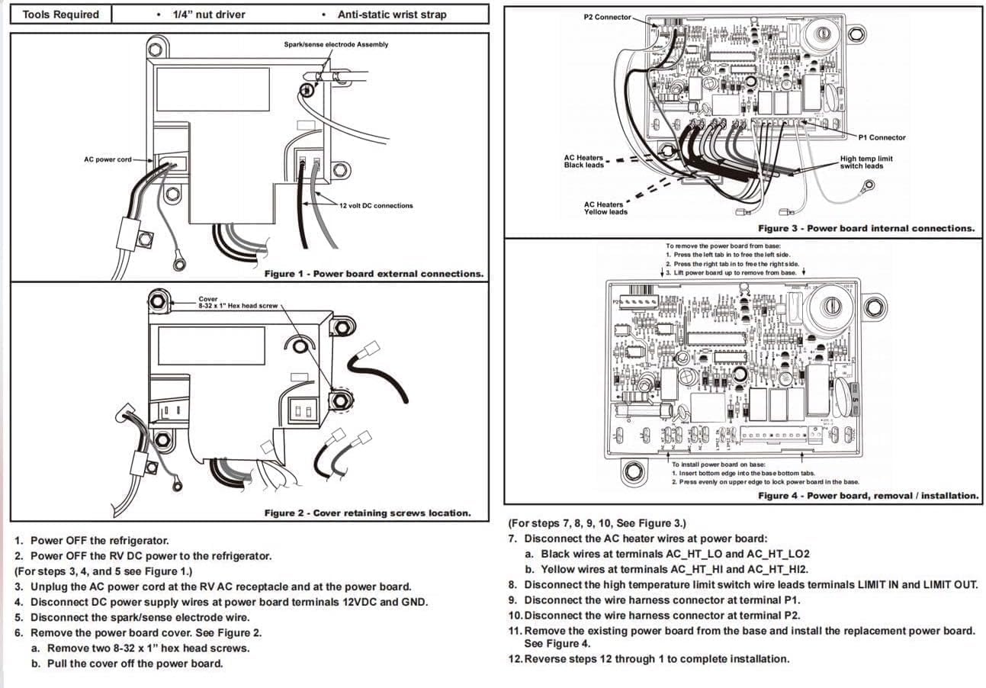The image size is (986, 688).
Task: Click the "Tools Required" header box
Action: click(61, 14)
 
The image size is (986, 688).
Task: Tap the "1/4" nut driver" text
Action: click(208, 14)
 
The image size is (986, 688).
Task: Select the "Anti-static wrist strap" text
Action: click(392, 14)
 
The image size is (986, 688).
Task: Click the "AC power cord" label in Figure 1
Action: click(108, 159)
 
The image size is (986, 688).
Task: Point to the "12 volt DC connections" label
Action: click(376, 205)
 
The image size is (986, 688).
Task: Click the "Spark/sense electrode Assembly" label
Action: click(336, 44)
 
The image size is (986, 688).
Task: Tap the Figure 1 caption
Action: click(373, 273)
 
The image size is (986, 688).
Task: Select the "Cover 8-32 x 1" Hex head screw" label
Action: click(237, 302)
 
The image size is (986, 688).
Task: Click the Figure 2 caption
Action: click(367, 513)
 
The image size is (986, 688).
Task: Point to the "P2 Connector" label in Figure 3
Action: click(607, 17)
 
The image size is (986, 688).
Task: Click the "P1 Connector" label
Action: click(882, 137)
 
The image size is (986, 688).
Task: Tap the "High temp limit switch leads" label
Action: click(866, 162)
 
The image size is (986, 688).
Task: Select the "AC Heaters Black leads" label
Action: click(583, 161)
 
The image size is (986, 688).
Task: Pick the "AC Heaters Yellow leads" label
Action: click(605, 208)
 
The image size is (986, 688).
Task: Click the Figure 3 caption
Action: click(866, 228)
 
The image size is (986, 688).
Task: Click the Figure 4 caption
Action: click(868, 495)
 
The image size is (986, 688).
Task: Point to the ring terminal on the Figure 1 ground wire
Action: click(180, 265)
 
